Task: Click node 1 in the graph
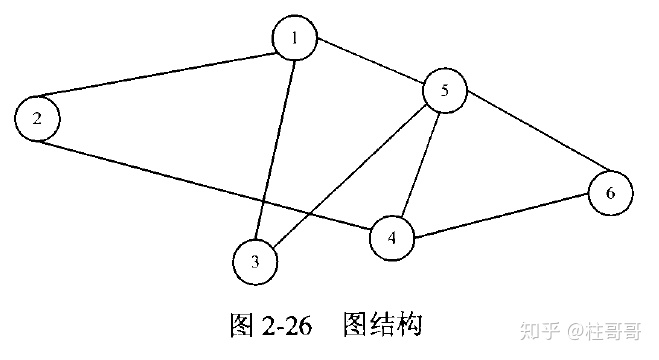pos(295,39)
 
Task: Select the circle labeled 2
pos(37,119)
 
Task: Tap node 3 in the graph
pos(255,262)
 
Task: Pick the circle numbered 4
pos(393,237)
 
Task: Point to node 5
pos(446,91)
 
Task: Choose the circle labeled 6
pos(610,193)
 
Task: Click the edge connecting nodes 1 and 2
pos(166,79)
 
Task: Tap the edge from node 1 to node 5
pos(370,64)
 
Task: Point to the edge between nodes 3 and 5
pos(350,177)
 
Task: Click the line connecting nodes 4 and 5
pos(420,163)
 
